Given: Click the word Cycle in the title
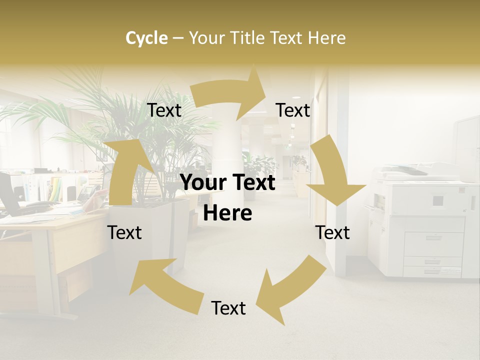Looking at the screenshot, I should tap(146, 37).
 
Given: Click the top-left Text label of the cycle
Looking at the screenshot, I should tap(164, 110).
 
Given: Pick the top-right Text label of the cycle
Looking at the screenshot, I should tap(293, 110).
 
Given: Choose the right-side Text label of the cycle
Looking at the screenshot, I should tap(332, 232).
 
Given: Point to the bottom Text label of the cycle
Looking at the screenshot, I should tap(228, 308).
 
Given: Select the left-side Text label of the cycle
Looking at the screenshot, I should tap(124, 232).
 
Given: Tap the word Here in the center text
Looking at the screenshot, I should tap(227, 213).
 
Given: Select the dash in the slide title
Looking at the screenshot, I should tap(178, 38).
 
